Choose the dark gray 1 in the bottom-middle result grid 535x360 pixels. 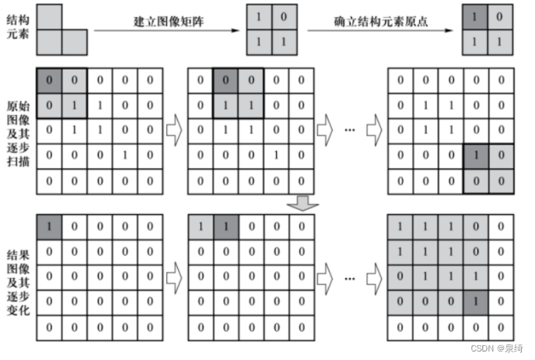[x=225, y=227]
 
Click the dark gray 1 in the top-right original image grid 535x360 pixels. [x=475, y=155]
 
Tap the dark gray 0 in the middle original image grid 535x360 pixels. [x=225, y=79]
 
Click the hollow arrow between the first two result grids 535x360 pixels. [x=175, y=273]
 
